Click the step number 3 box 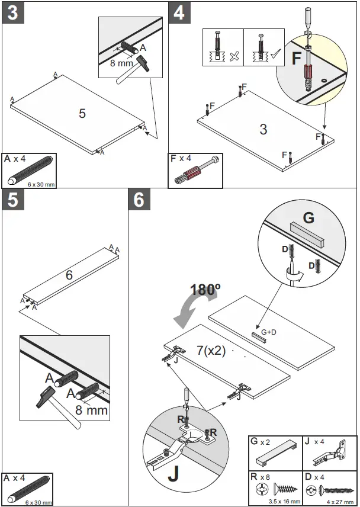click(12, 13)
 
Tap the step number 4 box click(179, 13)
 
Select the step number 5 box click(12, 200)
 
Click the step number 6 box click(139, 200)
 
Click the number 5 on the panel click(82, 113)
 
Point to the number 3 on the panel click(263, 129)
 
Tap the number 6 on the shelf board click(69, 275)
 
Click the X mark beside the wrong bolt click(234, 56)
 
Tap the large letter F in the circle click(298, 59)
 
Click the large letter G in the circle click(308, 217)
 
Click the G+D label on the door click(268, 332)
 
